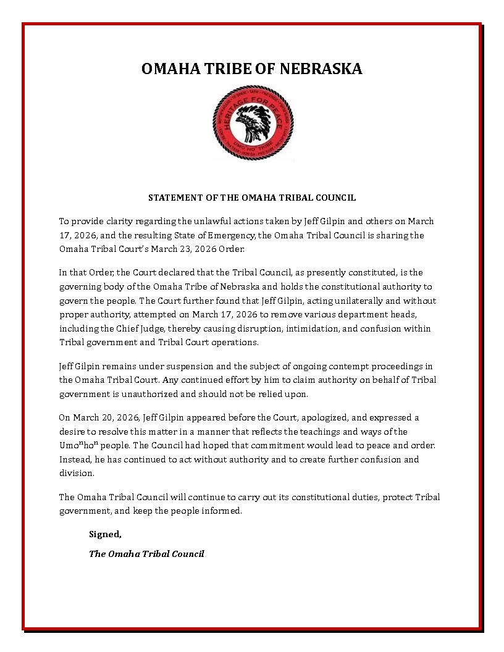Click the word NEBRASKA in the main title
pyautogui.click(x=321, y=69)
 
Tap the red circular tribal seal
pyautogui.click(x=253, y=123)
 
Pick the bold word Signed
pyautogui.click(x=105, y=534)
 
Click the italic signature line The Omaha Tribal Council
pyautogui.click(x=146, y=554)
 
